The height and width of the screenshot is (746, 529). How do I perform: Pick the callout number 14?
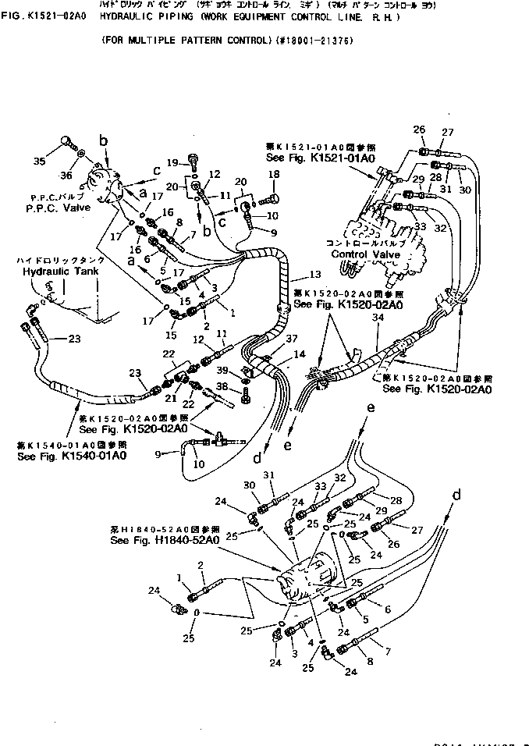[299, 355]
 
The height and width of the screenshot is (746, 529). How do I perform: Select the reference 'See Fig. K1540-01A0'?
[71, 455]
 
